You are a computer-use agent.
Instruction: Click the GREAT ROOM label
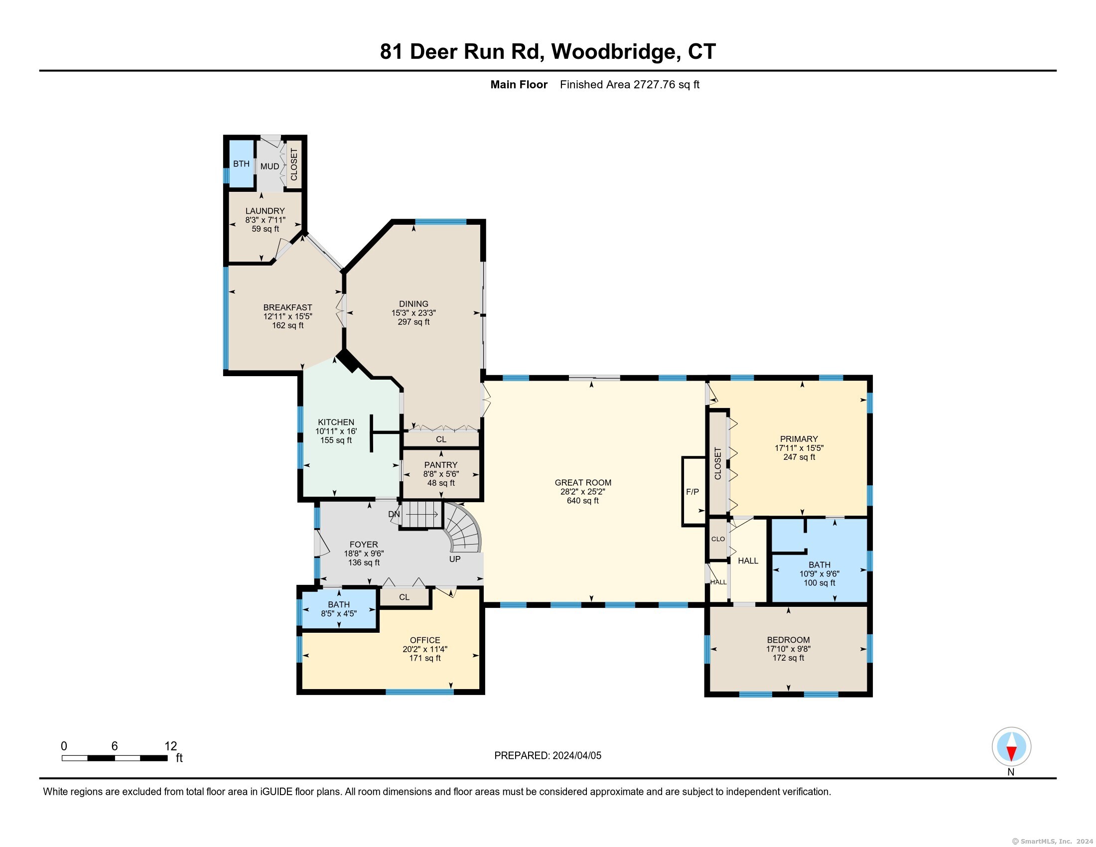point(583,483)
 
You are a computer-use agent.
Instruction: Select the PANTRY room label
point(440,465)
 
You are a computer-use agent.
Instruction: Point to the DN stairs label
point(394,514)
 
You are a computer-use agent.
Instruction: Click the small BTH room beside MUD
point(241,164)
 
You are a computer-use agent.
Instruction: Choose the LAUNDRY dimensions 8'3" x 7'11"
point(265,220)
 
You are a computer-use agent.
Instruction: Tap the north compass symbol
point(1011,747)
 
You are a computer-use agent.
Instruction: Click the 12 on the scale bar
point(170,746)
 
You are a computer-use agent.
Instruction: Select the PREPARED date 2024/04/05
point(576,756)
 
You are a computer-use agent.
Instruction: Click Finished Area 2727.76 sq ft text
point(629,85)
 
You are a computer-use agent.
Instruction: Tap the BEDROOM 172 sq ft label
point(788,658)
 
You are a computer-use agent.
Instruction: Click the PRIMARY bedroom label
point(799,439)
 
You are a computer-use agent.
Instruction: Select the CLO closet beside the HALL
point(717,539)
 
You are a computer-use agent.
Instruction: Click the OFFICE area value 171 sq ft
point(424,658)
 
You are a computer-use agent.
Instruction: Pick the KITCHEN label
point(336,423)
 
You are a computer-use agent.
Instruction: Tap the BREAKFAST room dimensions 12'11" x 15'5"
point(287,316)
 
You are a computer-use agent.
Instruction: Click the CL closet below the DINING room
point(440,439)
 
